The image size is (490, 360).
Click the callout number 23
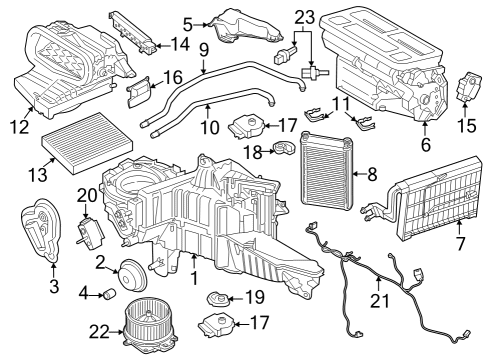click(x=304, y=16)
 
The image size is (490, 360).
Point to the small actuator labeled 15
click(x=467, y=86)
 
